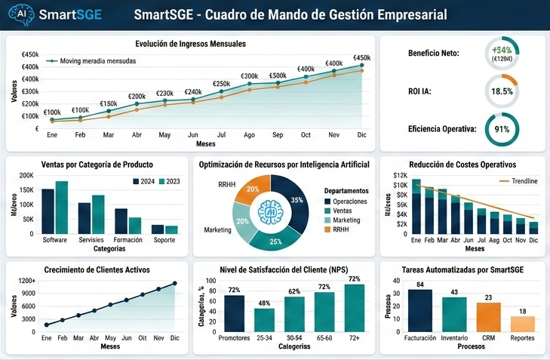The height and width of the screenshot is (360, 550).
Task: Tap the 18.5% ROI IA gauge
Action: click(x=502, y=91)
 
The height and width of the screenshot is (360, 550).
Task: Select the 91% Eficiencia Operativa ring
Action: click(x=502, y=129)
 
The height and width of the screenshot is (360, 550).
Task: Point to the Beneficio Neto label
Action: click(x=434, y=54)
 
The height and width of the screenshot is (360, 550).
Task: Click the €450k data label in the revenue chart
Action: click(x=362, y=58)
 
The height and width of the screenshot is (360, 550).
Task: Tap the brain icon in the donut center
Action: click(x=269, y=213)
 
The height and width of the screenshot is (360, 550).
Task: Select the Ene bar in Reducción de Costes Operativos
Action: click(x=416, y=208)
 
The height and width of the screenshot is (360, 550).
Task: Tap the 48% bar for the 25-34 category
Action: click(x=264, y=320)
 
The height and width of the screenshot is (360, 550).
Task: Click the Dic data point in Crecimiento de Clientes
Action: click(x=175, y=284)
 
